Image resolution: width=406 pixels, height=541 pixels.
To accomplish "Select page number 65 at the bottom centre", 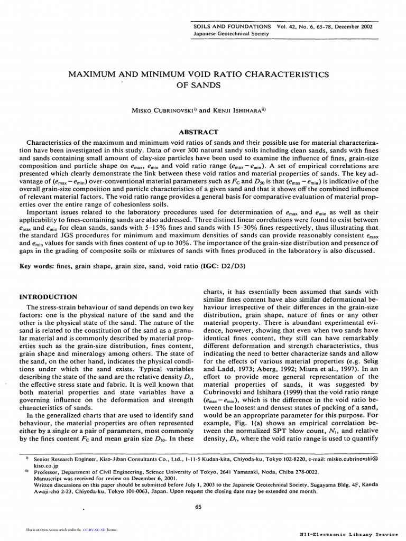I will pos(198,507).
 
